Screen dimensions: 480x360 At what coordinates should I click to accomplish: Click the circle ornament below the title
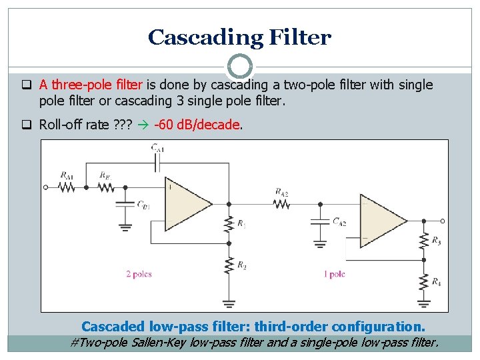click(x=240, y=67)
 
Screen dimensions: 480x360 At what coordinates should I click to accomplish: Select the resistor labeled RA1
click(x=67, y=188)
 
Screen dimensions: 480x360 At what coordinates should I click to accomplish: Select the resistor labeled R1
click(x=229, y=224)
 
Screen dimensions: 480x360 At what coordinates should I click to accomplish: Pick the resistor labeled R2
click(x=229, y=266)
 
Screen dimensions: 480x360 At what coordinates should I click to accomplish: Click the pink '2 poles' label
click(x=139, y=274)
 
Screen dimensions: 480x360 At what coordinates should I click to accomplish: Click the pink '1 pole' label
click(x=334, y=274)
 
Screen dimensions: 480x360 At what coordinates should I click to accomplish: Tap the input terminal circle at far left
click(x=46, y=188)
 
